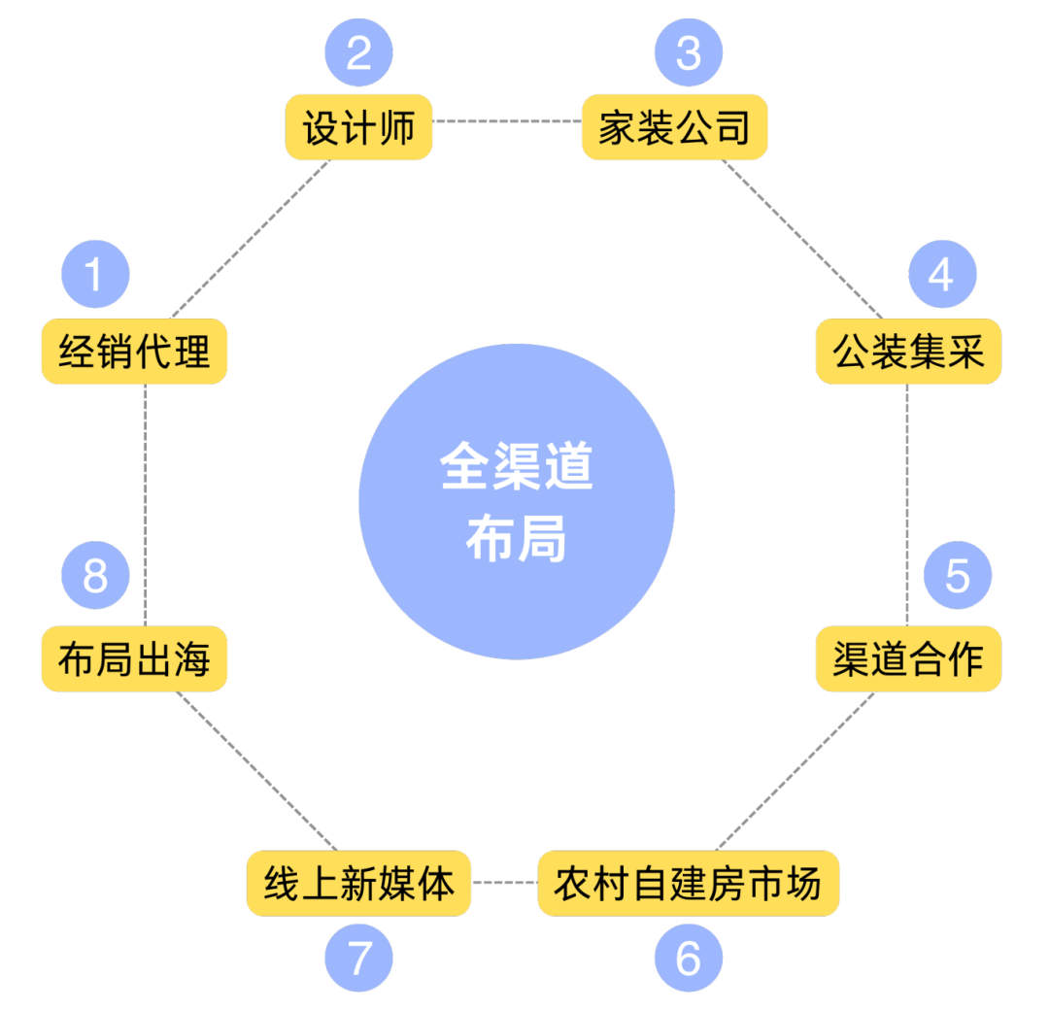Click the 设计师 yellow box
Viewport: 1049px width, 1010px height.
click(x=358, y=127)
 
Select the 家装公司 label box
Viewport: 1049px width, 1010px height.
click(x=674, y=127)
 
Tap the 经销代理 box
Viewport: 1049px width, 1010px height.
click(x=134, y=351)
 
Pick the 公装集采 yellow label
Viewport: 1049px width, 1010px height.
click(x=908, y=351)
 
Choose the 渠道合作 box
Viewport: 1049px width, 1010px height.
click(x=908, y=659)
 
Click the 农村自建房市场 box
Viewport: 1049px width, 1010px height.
click(x=688, y=883)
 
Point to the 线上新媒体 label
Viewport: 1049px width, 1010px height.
click(x=358, y=883)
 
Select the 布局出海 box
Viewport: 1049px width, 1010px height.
click(x=134, y=659)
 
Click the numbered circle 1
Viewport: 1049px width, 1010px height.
click(x=94, y=275)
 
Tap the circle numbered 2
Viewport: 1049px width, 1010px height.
click(x=358, y=51)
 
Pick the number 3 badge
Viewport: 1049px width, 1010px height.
click(x=688, y=51)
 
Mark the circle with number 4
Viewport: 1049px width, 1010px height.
click(x=941, y=275)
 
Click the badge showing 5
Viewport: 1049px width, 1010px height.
click(x=957, y=575)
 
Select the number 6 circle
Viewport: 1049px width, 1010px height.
click(x=688, y=959)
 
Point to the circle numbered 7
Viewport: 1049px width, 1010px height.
click(x=358, y=959)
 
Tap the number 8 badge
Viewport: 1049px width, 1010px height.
click(x=94, y=575)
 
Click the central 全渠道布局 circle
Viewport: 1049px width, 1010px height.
click(x=517, y=502)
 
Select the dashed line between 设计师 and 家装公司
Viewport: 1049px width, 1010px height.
click(x=506, y=121)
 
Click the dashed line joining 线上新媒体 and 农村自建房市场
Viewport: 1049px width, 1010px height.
click(x=504, y=883)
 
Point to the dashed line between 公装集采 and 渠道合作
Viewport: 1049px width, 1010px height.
click(x=907, y=505)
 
